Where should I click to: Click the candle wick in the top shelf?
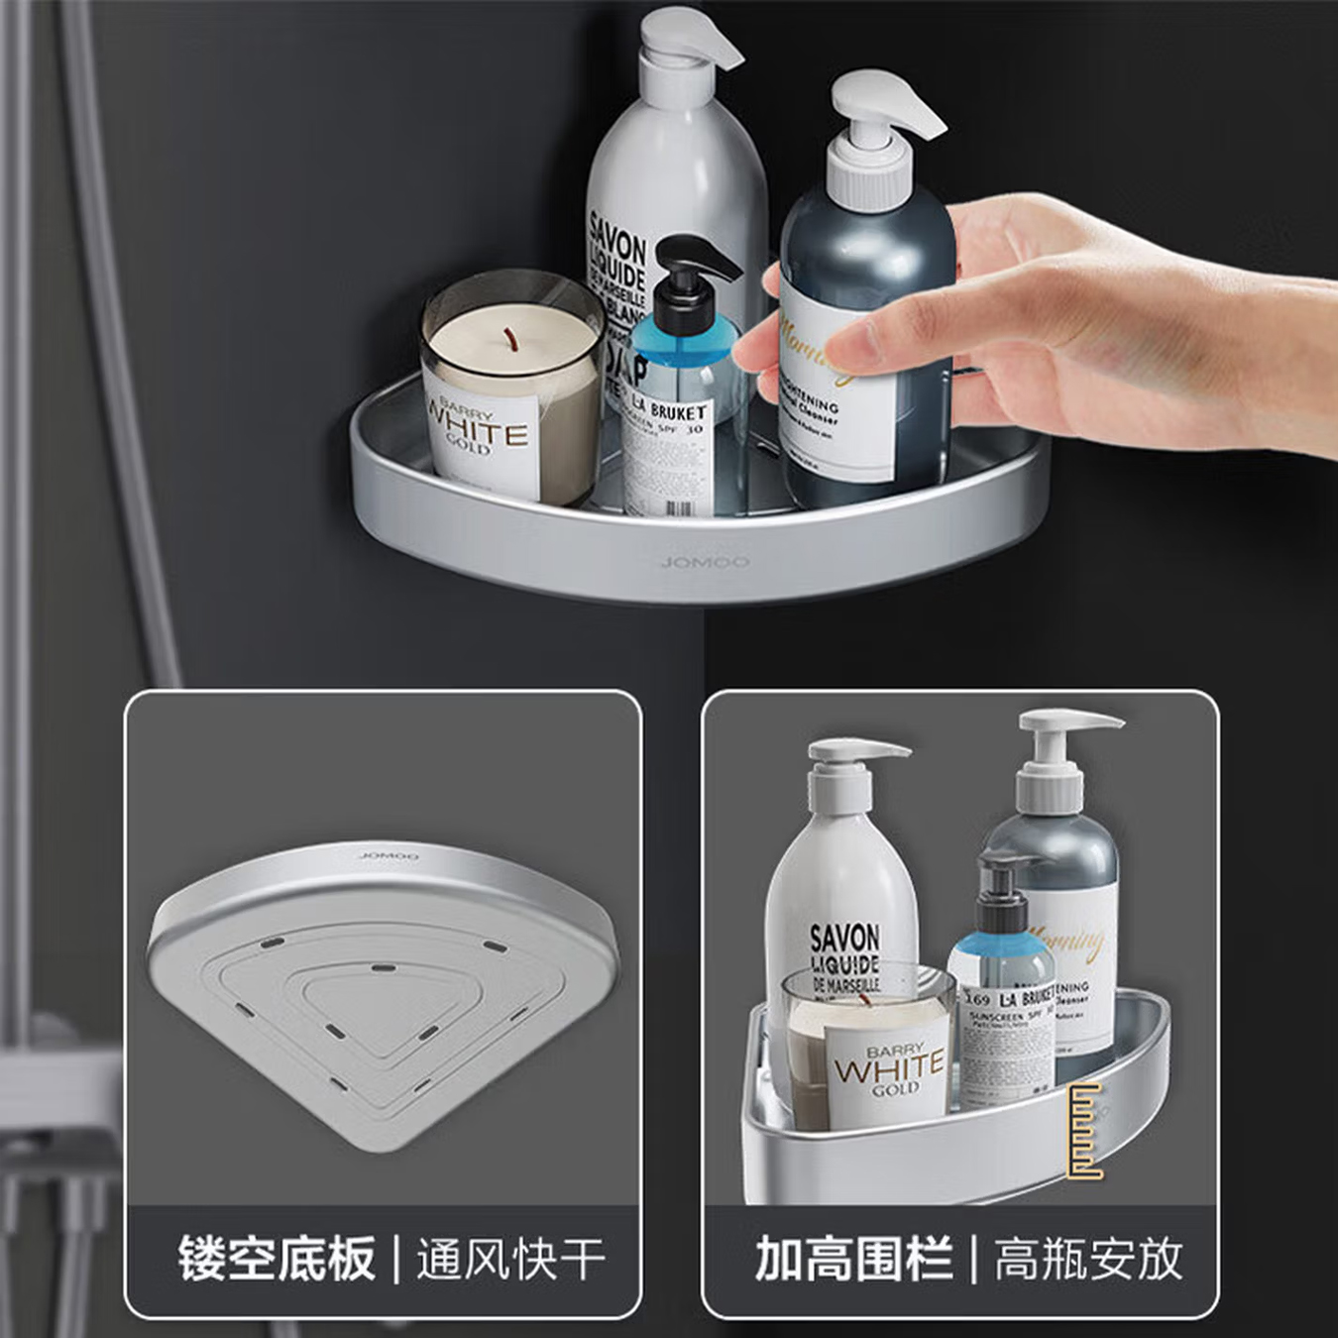(x=511, y=339)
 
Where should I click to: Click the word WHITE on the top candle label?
(x=479, y=433)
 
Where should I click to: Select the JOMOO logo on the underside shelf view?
(x=390, y=855)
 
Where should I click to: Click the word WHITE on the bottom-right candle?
(x=889, y=1069)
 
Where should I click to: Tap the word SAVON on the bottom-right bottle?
(x=844, y=938)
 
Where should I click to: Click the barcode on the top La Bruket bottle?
(x=678, y=508)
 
